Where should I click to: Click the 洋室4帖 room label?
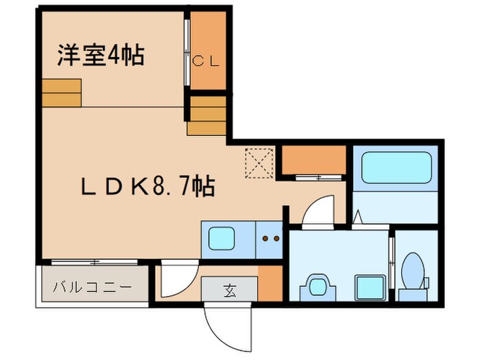click(100, 55)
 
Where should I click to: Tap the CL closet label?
click(206, 61)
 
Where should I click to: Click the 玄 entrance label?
click(228, 289)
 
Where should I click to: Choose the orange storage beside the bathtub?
click(313, 160)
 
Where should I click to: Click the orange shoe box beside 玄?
click(269, 283)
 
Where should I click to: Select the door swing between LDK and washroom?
click(315, 210)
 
